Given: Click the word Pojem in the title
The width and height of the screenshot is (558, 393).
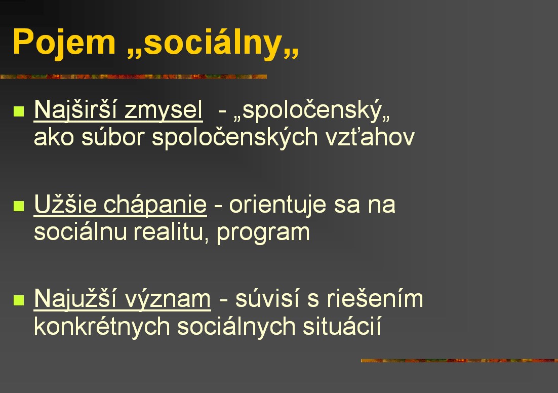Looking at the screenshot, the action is (x=64, y=43).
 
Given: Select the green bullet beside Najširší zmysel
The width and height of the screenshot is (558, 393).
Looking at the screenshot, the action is (x=19, y=111).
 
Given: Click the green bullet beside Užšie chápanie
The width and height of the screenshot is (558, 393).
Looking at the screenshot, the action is (x=19, y=206).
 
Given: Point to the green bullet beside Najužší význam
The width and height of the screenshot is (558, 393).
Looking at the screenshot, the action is (x=19, y=300).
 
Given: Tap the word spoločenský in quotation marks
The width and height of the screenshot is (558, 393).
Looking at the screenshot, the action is (x=312, y=110).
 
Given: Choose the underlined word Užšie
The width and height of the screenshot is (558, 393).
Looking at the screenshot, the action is (x=65, y=204).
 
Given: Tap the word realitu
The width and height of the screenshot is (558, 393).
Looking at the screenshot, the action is (x=171, y=232).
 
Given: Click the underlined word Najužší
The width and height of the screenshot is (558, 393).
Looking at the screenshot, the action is (x=75, y=299).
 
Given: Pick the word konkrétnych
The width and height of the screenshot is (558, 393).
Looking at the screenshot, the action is (x=102, y=327).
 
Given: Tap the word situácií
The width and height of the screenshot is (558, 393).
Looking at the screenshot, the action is (x=342, y=326).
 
